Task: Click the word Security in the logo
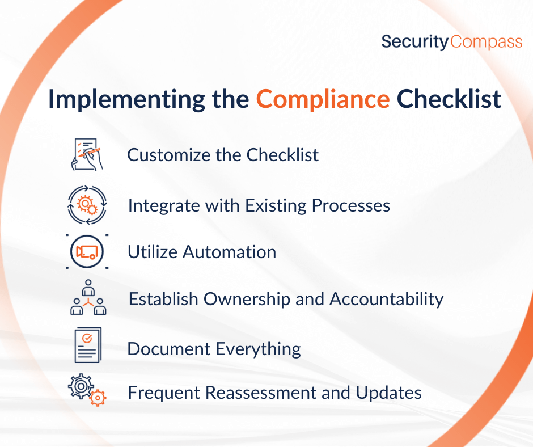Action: (x=414, y=42)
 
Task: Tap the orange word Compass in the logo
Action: (x=486, y=42)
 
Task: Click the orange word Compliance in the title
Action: (x=323, y=100)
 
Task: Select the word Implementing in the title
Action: (x=126, y=100)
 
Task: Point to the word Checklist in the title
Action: (x=449, y=99)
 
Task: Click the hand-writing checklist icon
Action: (x=87, y=154)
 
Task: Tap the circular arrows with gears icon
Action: (x=87, y=205)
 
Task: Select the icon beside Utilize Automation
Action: (x=87, y=252)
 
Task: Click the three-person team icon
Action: (x=88, y=297)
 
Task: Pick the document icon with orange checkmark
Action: (x=88, y=345)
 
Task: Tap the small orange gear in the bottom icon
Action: (x=98, y=398)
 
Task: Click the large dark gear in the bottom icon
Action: (x=81, y=386)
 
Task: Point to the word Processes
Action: (x=351, y=205)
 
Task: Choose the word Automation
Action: (x=229, y=252)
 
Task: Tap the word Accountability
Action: (x=387, y=300)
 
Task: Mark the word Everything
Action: (x=258, y=349)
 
